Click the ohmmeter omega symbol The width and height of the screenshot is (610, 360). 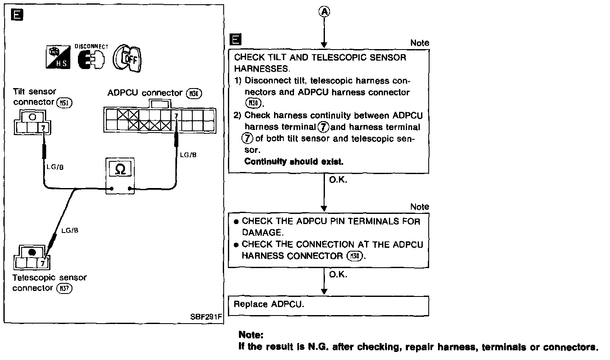(x=120, y=170)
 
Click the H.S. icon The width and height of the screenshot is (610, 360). (x=58, y=58)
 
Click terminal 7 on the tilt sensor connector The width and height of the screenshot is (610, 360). (x=43, y=127)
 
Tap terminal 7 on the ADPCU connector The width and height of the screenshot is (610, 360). (x=176, y=115)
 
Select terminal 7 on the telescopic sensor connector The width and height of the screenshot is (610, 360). (x=43, y=263)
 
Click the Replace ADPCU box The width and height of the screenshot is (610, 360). (x=328, y=305)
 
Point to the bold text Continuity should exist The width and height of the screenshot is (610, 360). (x=294, y=162)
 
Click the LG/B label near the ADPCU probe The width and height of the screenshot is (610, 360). (x=188, y=155)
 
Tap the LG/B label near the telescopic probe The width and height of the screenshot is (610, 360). (x=70, y=230)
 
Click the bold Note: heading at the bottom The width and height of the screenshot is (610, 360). (x=251, y=335)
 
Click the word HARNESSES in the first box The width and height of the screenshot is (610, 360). (x=261, y=69)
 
